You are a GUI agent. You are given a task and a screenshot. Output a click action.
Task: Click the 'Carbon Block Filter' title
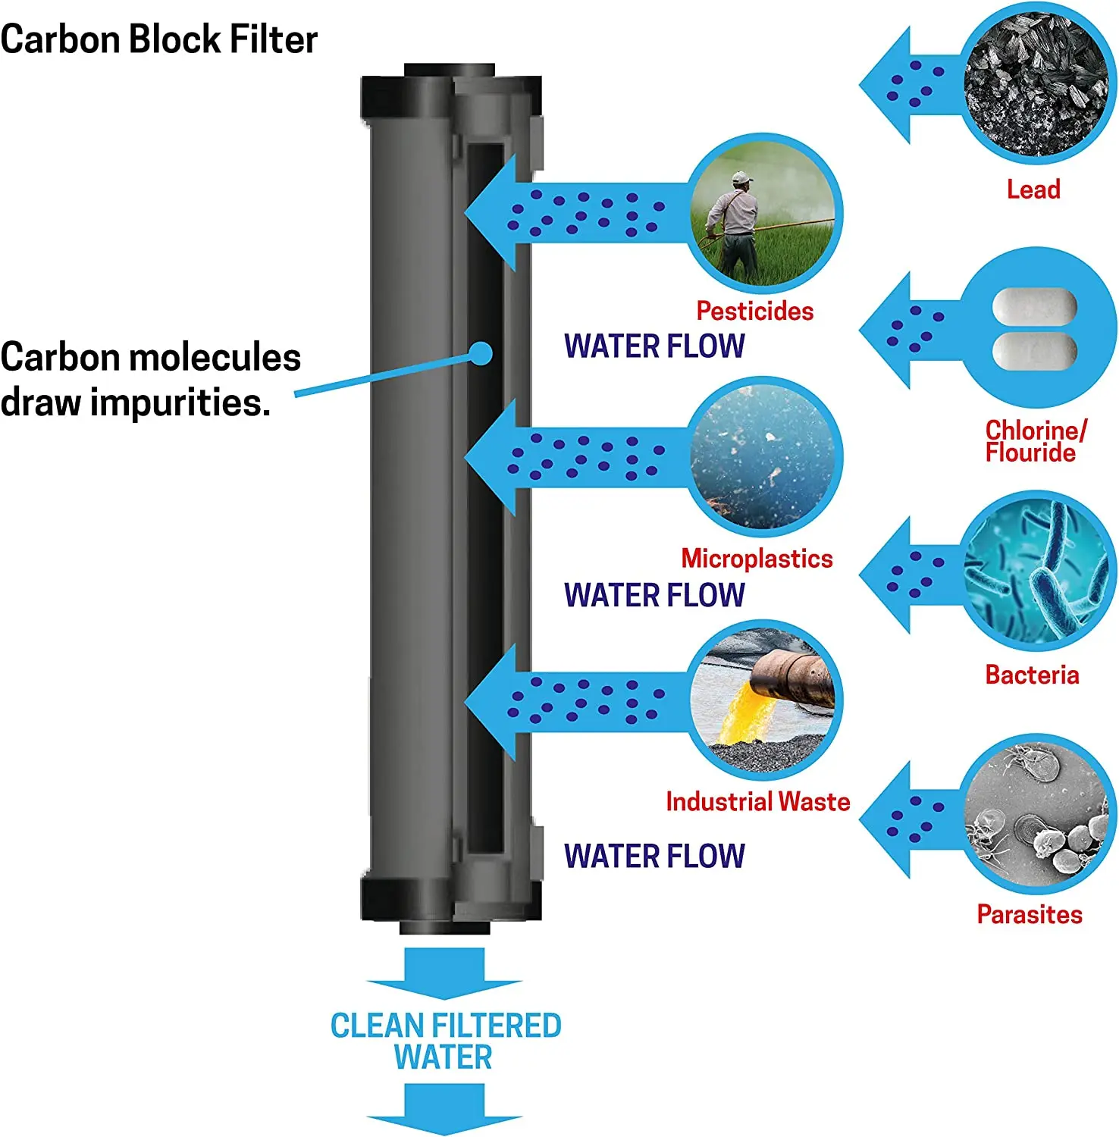point(158,39)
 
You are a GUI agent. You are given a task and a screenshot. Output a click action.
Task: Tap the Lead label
point(1033,189)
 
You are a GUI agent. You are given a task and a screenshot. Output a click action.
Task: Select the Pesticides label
point(754,311)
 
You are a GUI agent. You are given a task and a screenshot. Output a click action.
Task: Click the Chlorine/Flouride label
point(1034,441)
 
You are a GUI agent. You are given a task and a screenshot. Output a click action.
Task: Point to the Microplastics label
point(757,559)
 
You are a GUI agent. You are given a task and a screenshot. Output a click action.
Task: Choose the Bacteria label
point(1032,675)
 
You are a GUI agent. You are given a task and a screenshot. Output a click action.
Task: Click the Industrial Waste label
point(757,802)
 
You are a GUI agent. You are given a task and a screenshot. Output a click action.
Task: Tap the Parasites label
point(1029,914)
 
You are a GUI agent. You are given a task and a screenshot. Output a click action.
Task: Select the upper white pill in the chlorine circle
point(1034,308)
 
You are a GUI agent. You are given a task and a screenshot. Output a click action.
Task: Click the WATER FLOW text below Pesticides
point(654,346)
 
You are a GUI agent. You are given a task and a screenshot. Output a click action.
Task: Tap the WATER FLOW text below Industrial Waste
point(654,857)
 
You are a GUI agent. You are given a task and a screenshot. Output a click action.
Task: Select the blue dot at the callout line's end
point(481,353)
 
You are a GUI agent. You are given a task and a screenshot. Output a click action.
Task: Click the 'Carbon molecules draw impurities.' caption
point(150,379)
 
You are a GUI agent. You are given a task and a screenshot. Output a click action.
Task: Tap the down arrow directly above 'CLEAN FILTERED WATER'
point(444,973)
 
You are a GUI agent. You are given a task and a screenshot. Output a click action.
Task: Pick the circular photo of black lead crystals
point(1036,83)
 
